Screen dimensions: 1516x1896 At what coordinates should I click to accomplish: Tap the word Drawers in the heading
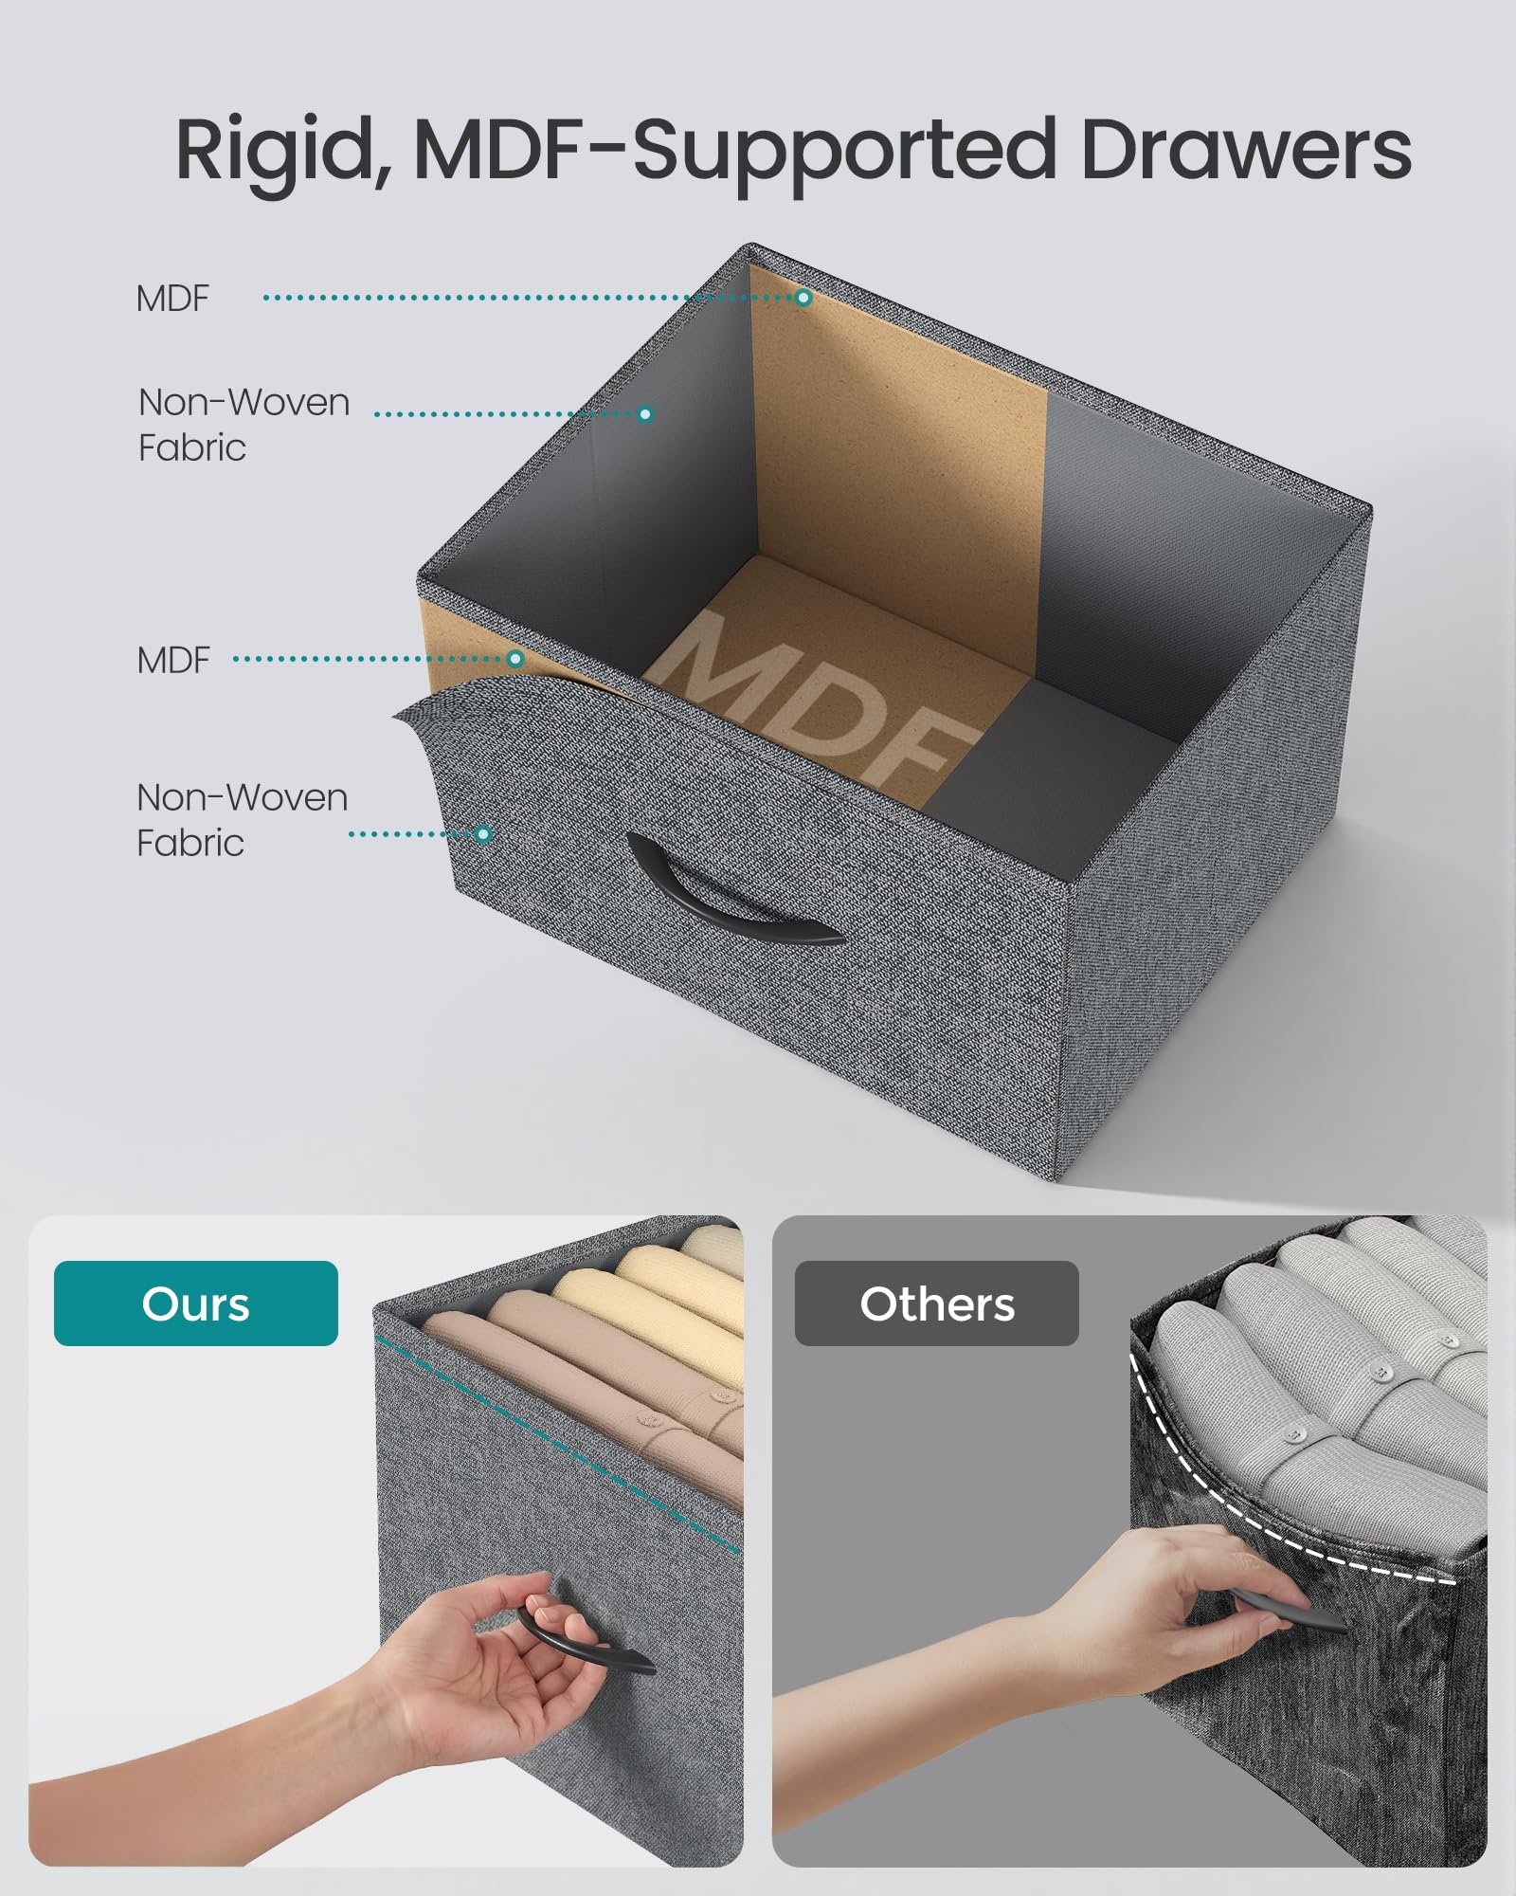click(x=1245, y=150)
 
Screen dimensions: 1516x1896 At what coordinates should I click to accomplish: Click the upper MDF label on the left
click(x=172, y=299)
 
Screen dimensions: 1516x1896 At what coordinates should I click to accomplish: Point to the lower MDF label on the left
click(x=172, y=661)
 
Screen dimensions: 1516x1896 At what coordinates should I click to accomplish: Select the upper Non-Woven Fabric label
click(x=244, y=425)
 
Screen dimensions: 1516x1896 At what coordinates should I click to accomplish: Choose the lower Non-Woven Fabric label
click(x=242, y=820)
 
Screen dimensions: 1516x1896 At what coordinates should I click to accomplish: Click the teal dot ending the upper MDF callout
click(x=803, y=298)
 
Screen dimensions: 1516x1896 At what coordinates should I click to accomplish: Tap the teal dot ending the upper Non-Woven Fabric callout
click(x=645, y=414)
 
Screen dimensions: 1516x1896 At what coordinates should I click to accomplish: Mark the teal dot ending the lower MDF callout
click(x=515, y=659)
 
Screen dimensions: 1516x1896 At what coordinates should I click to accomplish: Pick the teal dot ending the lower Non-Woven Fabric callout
click(x=483, y=834)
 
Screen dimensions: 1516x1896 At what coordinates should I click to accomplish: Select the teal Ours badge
click(x=196, y=1303)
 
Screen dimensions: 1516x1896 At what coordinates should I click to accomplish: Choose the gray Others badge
click(x=937, y=1303)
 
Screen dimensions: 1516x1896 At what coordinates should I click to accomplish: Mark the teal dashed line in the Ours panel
click(x=559, y=1446)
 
